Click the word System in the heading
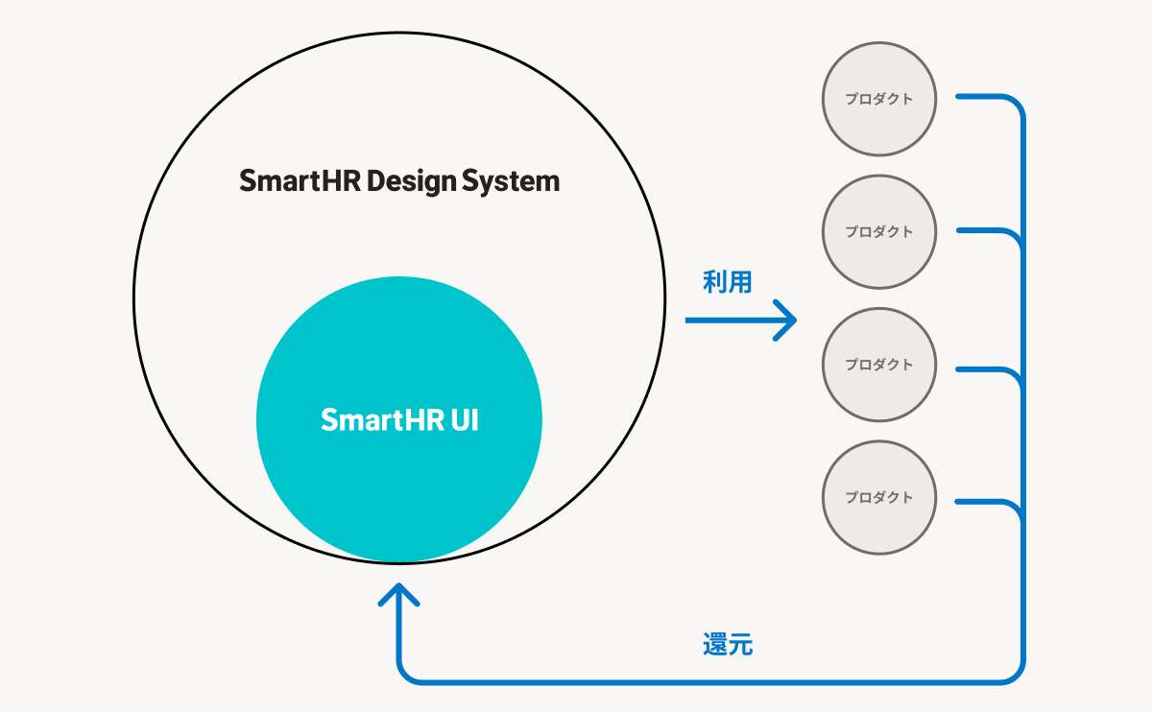click(511, 182)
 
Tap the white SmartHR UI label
click(399, 420)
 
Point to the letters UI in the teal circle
click(465, 420)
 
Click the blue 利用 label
click(728, 282)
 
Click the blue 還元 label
click(728, 645)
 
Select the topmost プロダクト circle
click(879, 99)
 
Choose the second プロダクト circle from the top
click(879, 232)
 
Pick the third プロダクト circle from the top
click(879, 365)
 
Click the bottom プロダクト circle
click(879, 498)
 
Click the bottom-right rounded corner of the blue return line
click(1016, 675)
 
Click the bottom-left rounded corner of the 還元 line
click(405, 674)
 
